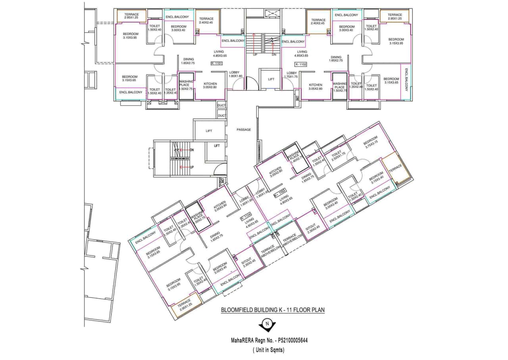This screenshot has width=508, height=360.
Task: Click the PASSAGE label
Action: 243,129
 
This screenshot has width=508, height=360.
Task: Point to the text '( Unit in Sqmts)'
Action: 269,350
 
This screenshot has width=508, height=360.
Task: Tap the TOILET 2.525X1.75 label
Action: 338,154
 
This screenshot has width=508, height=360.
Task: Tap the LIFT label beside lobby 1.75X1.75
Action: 271,79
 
